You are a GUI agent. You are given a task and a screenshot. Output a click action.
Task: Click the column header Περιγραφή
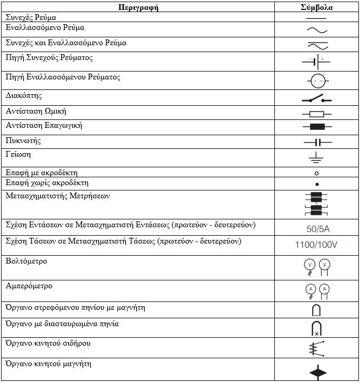(x=138, y=7)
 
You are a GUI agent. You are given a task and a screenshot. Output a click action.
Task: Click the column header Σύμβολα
(x=316, y=7)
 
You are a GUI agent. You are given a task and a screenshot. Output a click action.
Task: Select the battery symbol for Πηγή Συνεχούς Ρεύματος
(x=316, y=62)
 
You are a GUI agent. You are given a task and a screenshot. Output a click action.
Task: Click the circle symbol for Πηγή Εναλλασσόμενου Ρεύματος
(x=316, y=81)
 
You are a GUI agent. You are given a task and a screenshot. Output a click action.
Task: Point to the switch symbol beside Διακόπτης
(x=316, y=99)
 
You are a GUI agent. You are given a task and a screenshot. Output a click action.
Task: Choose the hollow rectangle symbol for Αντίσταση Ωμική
(x=316, y=114)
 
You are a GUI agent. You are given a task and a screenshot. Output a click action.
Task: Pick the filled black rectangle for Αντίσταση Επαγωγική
(x=316, y=127)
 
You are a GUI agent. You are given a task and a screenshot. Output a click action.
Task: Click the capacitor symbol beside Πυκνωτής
(x=316, y=142)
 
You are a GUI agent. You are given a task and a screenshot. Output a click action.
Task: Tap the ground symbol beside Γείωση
(x=316, y=157)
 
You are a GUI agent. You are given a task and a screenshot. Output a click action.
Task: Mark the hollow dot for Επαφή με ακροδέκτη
(x=316, y=173)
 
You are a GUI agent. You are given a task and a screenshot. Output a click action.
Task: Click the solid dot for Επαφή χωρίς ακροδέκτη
(x=316, y=184)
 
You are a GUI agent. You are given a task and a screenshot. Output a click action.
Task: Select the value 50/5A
(x=316, y=229)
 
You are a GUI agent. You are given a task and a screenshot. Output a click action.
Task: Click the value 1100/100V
(x=316, y=245)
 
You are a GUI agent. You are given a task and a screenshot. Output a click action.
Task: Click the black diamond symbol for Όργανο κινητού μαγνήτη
(x=316, y=372)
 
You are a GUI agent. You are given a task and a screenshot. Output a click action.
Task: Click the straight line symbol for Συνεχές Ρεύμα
(x=316, y=18)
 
